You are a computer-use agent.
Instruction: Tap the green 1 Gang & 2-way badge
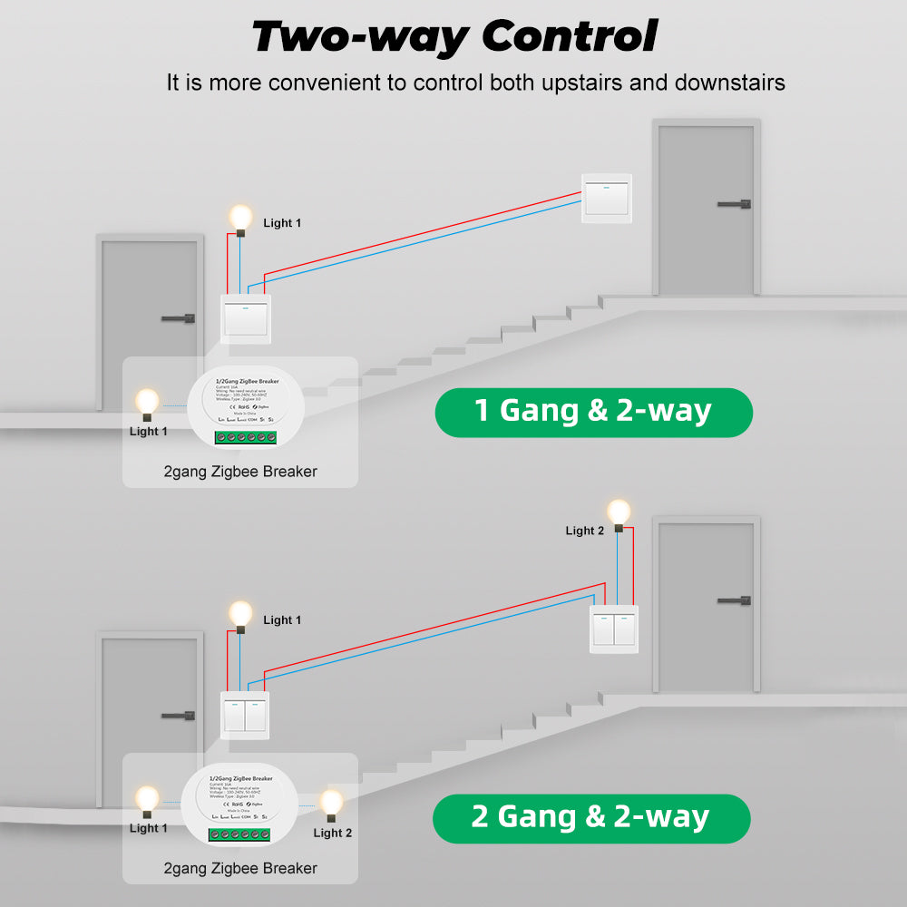pos(593,412)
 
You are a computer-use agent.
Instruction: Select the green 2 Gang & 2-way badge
pos(590,818)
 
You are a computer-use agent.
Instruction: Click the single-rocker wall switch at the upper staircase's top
pos(606,199)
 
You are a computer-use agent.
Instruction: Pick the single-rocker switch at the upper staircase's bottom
pos(246,318)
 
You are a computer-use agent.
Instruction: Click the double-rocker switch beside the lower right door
pos(614,629)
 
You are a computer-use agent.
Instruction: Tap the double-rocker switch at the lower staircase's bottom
pos(245,715)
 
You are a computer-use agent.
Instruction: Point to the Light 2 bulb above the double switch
pos(619,512)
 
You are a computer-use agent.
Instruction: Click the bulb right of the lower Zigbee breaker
pos(332,803)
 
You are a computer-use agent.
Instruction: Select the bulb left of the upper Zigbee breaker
pos(147,401)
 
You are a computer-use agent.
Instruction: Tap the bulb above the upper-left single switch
pos(240,218)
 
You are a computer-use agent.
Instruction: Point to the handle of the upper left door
pos(179,318)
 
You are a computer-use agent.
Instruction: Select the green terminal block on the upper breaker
pos(244,437)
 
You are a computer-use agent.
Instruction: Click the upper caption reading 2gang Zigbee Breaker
pos(240,472)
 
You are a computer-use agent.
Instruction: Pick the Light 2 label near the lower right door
pos(584,531)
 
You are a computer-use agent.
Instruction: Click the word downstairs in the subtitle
pos(730,83)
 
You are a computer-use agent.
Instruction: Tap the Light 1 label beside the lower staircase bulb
pos(282,620)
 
